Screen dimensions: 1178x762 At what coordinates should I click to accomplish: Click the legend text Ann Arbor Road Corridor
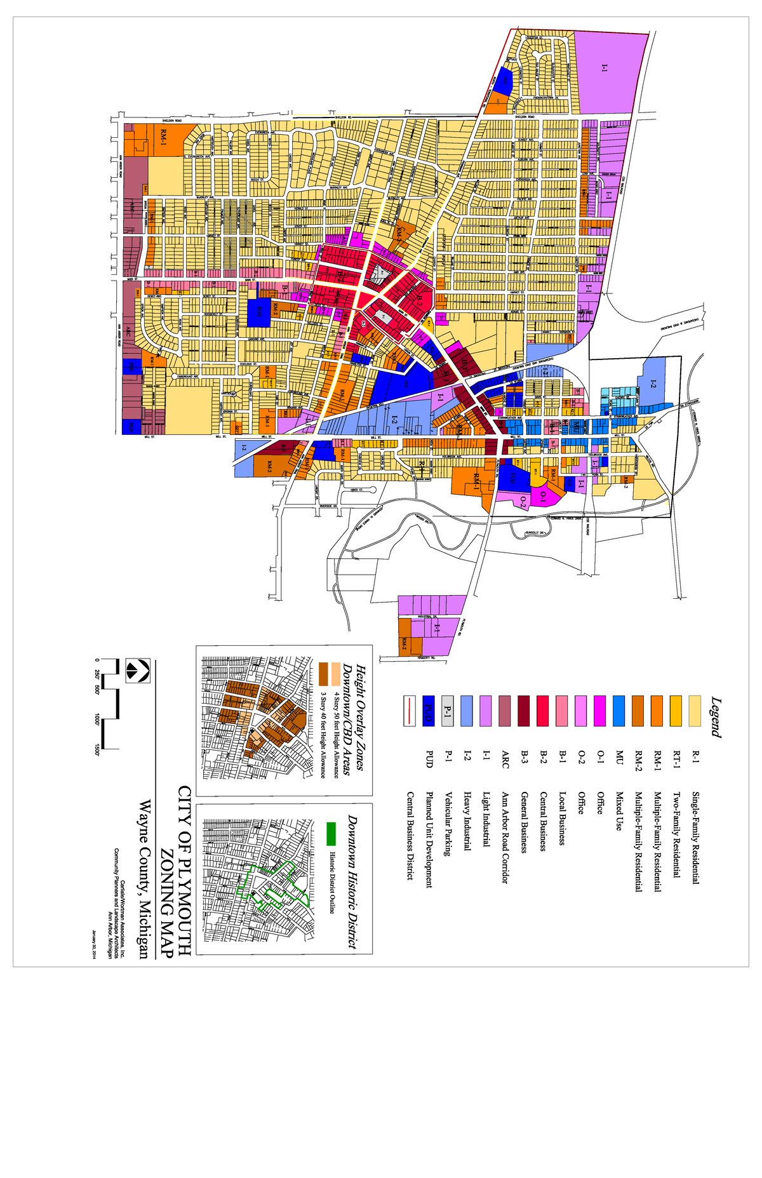tap(505, 837)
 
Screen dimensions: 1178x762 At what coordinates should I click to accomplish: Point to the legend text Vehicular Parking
tap(448, 824)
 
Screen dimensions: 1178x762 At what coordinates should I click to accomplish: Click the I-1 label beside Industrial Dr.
tap(436, 628)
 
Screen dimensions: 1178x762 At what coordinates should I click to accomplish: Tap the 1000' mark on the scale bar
tap(97, 720)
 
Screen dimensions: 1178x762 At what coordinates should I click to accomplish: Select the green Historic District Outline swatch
tap(331, 833)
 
